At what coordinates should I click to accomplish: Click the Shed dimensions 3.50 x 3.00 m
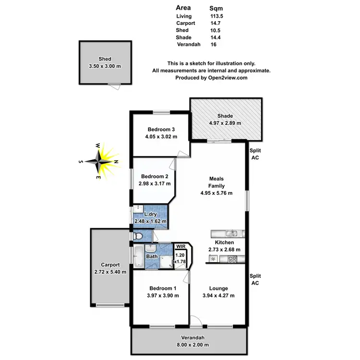(x=105, y=66)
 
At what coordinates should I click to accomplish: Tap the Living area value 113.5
(x=217, y=16)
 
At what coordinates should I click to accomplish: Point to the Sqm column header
(x=216, y=8)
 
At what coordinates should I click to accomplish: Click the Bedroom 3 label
(x=161, y=129)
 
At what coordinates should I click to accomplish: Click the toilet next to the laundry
(x=138, y=236)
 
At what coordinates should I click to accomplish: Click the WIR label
(x=180, y=246)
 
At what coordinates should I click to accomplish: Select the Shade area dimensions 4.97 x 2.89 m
(x=225, y=123)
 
